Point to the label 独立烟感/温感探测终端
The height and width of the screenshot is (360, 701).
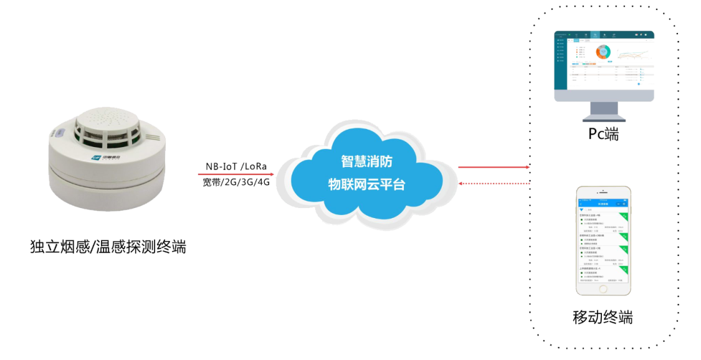click(108, 247)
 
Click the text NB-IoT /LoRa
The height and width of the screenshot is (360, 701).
click(236, 166)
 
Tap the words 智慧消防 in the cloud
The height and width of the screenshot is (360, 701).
click(366, 161)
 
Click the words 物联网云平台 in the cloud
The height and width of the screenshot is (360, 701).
click(366, 184)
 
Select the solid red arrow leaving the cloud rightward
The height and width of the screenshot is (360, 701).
click(492, 167)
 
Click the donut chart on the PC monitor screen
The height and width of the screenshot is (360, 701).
click(603, 52)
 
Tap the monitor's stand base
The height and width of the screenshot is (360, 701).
click(603, 116)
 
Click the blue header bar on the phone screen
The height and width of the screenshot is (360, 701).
click(603, 204)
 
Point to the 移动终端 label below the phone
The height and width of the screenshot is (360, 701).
click(603, 317)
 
